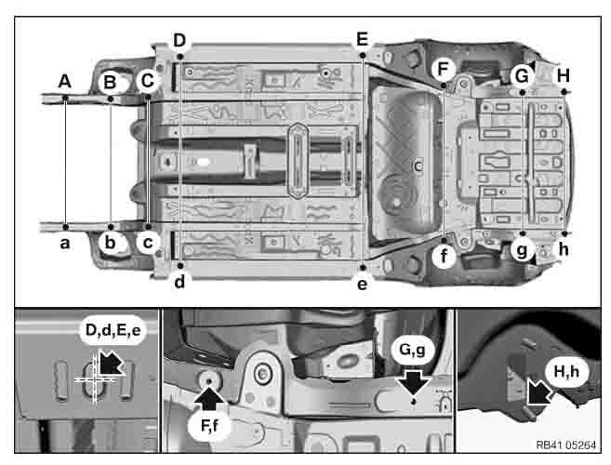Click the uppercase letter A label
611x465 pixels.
[x=65, y=82]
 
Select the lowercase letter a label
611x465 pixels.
[x=65, y=244]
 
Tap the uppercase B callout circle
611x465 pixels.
[x=110, y=82]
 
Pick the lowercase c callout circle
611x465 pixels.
[x=148, y=243]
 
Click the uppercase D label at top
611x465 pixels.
[x=179, y=40]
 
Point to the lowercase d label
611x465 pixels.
[x=179, y=282]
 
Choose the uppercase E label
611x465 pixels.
[x=362, y=39]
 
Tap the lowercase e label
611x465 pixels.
[x=362, y=285]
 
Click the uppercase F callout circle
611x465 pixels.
[x=444, y=70]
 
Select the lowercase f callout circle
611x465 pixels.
[x=444, y=257]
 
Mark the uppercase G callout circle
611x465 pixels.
[x=522, y=76]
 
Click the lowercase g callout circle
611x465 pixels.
[x=522, y=249]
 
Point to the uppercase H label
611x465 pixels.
[x=564, y=75]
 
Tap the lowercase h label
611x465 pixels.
[x=564, y=249]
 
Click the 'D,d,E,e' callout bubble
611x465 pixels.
[x=113, y=330]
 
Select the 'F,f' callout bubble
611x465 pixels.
[x=210, y=426]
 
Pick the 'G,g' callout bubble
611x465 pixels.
[x=413, y=350]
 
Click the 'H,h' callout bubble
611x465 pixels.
[x=566, y=372]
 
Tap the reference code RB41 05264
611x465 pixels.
[x=565, y=445]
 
